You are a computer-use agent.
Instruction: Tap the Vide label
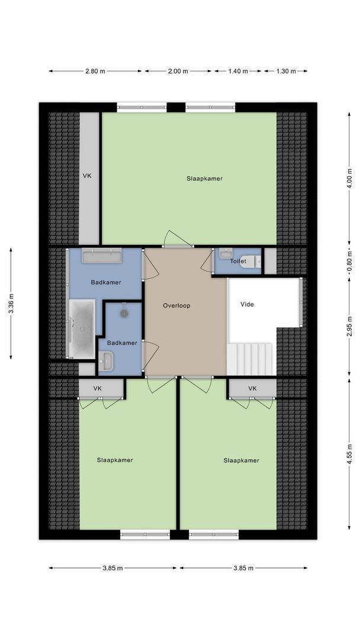247,304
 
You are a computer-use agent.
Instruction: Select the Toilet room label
238,260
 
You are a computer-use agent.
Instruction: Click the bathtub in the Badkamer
81,328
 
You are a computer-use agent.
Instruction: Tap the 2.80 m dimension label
95,71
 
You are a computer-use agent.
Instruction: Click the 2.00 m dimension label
178,71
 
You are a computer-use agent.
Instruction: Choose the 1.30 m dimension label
285,71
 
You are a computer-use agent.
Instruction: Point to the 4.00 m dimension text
349,178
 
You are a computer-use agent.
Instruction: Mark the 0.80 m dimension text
349,260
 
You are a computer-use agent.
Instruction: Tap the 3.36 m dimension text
11,304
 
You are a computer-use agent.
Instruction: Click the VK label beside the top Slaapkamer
88,176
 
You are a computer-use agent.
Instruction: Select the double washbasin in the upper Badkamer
101,256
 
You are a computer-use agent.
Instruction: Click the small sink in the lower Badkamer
107,360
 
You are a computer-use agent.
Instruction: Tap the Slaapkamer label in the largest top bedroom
204,178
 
